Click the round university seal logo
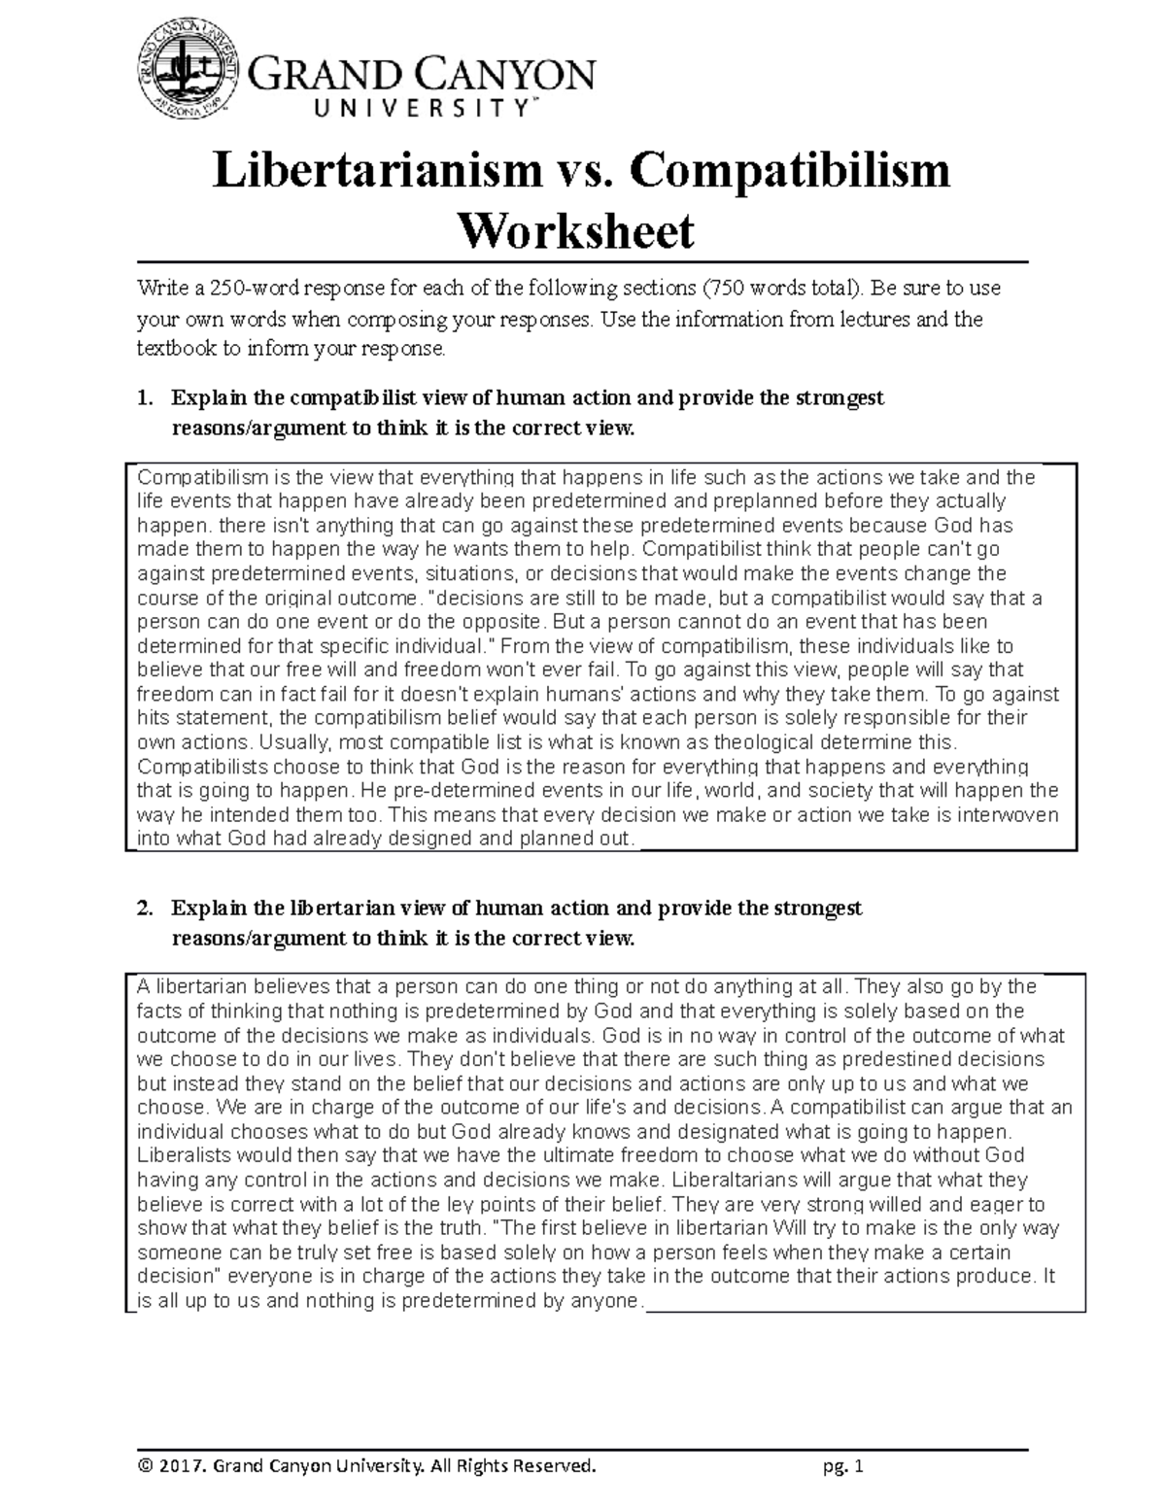pos(186,77)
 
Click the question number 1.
pos(145,398)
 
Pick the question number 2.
pos(145,909)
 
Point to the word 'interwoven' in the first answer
pos(1008,815)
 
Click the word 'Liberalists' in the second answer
pos(185,1155)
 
